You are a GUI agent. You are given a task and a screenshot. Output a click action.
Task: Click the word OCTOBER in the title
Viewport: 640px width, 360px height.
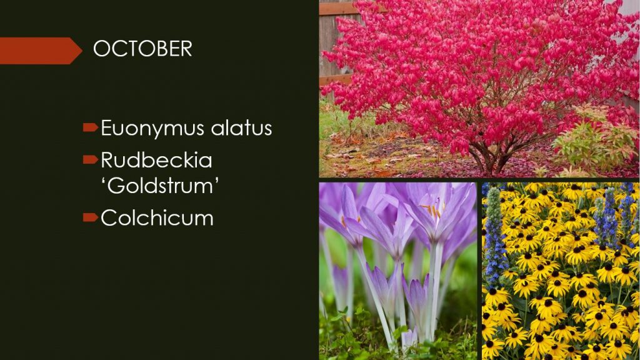pyautogui.click(x=142, y=49)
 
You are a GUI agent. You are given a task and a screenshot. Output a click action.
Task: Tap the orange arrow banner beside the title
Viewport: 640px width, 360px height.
pyautogui.click(x=41, y=51)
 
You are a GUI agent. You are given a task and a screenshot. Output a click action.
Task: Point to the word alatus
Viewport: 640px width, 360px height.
pyautogui.click(x=241, y=127)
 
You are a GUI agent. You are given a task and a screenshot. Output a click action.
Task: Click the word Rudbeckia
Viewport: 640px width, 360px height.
pyautogui.click(x=156, y=159)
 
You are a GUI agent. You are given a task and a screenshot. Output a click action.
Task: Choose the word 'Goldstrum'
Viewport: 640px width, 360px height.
pyautogui.click(x=159, y=186)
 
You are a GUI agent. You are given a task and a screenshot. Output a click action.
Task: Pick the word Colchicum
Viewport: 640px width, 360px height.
pyautogui.click(x=157, y=217)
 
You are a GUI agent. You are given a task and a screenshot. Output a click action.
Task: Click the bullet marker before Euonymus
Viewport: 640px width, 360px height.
pyautogui.click(x=90, y=127)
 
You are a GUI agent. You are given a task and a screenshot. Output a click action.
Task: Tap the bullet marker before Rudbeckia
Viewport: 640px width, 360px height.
pyautogui.click(x=90, y=159)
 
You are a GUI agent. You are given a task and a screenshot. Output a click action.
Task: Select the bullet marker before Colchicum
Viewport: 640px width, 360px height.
pyautogui.click(x=90, y=217)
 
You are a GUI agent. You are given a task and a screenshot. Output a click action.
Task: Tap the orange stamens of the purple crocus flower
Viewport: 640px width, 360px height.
pyautogui.click(x=432, y=209)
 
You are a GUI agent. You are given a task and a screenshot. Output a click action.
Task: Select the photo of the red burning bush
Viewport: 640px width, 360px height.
pyautogui.click(x=479, y=89)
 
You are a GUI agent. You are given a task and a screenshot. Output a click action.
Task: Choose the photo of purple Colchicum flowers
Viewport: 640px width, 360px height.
pyautogui.click(x=398, y=271)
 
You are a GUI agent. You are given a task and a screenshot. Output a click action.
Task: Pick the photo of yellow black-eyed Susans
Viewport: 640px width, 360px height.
pyautogui.click(x=561, y=271)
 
